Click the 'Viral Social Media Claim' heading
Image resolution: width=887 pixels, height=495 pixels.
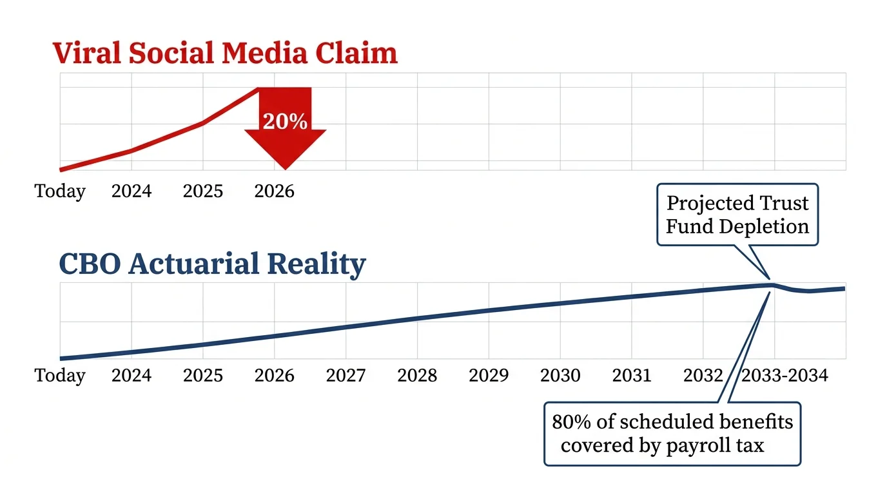click(225, 53)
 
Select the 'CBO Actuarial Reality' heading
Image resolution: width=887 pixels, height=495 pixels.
click(212, 264)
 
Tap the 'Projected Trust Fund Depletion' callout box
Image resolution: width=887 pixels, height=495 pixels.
click(737, 215)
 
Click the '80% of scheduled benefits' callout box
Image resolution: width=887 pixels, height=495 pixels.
click(672, 433)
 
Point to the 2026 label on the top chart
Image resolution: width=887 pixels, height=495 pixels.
click(274, 191)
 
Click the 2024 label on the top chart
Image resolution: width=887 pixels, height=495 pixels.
click(132, 191)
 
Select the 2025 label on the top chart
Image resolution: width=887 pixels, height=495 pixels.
click(203, 191)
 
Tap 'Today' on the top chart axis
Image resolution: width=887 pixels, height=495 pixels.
click(60, 191)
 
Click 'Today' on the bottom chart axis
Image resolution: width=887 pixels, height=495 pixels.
click(60, 375)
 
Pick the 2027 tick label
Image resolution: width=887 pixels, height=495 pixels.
click(346, 375)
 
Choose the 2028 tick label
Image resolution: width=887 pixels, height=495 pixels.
click(417, 375)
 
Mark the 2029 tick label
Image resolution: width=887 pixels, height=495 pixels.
click(489, 375)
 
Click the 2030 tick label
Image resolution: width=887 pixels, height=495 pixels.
click(560, 375)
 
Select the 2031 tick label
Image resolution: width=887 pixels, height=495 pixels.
click(632, 375)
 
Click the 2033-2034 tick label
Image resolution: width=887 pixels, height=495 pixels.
click(785, 375)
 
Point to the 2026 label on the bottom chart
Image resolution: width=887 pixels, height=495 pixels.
click(274, 375)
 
